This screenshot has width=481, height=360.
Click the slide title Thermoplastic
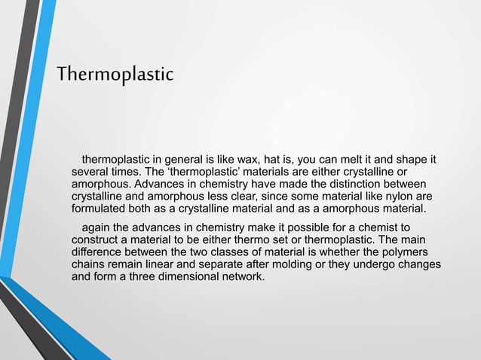coord(115,75)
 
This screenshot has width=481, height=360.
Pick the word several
coord(90,172)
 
